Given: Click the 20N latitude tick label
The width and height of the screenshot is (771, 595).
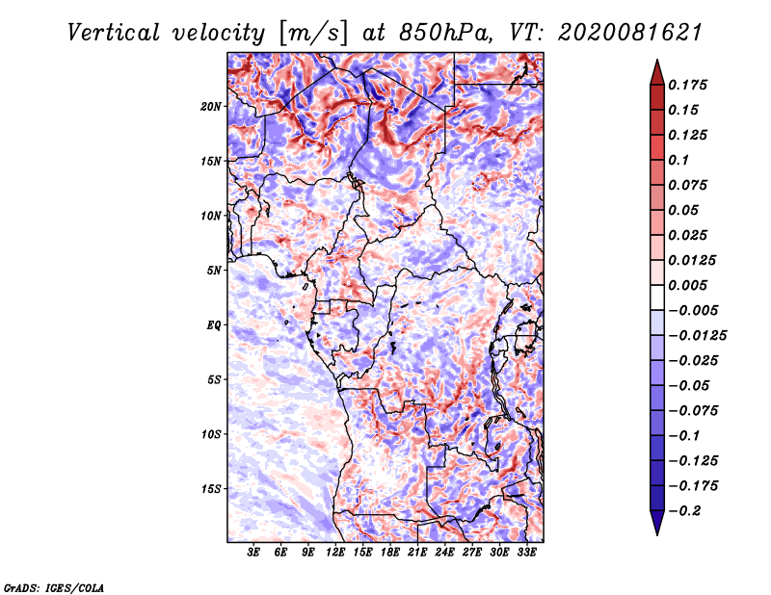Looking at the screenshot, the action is coord(210,106).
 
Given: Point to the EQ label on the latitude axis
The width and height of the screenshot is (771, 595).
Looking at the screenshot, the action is coord(214,324).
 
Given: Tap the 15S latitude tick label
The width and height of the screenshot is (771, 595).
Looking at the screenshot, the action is coord(211,489).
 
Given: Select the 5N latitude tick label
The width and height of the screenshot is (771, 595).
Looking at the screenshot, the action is coord(214,271).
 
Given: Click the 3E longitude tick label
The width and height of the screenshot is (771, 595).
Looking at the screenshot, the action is coord(253,553).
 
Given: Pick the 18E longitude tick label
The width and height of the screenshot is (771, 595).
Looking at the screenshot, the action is coord(390,553).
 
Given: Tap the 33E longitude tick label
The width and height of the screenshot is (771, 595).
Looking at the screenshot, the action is coord(526,553).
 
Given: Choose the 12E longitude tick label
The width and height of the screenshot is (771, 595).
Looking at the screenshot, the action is coord(335,553).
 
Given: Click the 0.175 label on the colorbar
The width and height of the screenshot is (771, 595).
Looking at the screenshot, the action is coord(688,85).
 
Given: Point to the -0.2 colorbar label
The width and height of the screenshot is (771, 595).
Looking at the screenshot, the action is coord(684,511).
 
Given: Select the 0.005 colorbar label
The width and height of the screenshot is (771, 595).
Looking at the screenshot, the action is coord(688,285).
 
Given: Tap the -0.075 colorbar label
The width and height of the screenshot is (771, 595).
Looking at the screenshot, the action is coord(693,411).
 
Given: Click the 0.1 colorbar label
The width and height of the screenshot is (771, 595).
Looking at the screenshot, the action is coord(679,160).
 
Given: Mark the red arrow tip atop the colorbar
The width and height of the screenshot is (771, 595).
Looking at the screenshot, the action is coord(657,61).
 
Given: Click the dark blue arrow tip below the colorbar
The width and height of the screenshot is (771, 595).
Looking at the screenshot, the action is coord(657,534).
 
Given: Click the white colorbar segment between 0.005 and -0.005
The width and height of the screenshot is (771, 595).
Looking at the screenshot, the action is coord(657,297).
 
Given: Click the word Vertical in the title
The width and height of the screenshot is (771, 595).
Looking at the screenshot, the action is coord(114,33).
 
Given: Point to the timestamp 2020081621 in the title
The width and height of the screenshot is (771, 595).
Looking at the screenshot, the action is coord(630,33).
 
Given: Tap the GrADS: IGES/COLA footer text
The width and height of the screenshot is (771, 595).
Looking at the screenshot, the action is coord(54,588).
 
